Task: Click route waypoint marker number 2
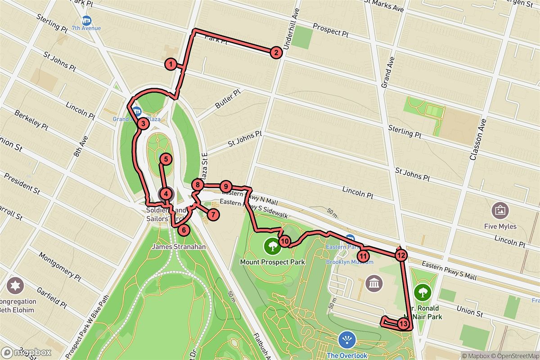[x=276, y=53]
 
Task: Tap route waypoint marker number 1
[x=170, y=64]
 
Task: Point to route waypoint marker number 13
[x=403, y=324]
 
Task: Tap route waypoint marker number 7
[x=213, y=214]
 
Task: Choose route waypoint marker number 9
[x=226, y=186]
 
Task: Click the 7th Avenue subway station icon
[x=86, y=21]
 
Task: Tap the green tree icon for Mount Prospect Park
[x=272, y=246]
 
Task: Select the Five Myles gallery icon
[x=500, y=210]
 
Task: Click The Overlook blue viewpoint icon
[x=346, y=340]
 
